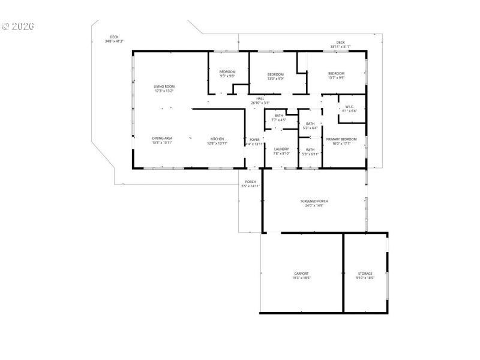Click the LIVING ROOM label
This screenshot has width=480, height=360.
tap(164, 86)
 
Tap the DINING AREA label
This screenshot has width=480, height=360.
tap(162, 138)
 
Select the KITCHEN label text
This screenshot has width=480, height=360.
tap(217, 139)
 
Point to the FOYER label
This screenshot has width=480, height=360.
tap(254, 139)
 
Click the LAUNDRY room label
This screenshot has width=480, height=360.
tap(281, 149)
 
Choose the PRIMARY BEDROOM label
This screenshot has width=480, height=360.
tap(341, 139)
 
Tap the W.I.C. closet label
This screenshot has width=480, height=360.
tap(350, 107)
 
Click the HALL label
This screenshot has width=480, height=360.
tap(260, 98)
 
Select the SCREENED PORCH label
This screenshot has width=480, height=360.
tap(314, 201)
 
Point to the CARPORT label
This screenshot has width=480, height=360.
tap(301, 274)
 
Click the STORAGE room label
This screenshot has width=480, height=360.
tap(365, 274)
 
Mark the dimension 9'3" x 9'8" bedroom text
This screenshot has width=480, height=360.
tap(227, 76)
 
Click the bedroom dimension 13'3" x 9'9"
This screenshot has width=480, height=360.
tap(275, 79)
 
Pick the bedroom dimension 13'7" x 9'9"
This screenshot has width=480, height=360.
tap(336, 77)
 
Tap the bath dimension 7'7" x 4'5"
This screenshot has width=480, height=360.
tap(278, 120)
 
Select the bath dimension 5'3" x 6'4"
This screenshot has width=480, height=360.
tap(310, 128)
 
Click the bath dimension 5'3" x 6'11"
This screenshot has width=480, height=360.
tap(310, 154)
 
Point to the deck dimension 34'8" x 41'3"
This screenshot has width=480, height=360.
tap(114, 41)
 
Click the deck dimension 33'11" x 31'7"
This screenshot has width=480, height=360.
tap(340, 47)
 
